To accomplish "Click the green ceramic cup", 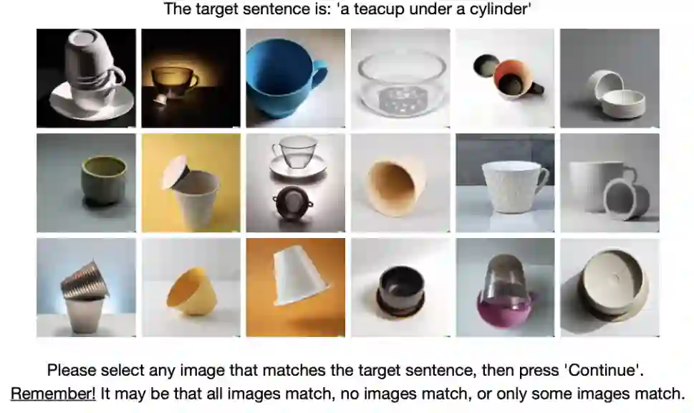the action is (105, 179).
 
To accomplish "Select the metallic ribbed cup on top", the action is (86, 279).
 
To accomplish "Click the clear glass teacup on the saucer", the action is (295, 151).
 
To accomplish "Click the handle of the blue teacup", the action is (319, 71).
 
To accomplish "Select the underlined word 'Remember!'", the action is (53, 393).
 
